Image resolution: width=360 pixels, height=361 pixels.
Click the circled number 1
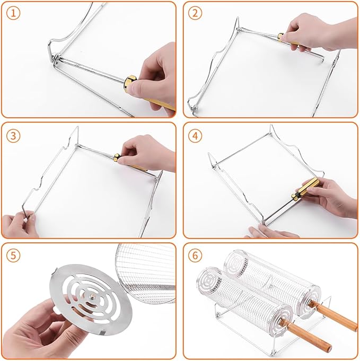(x=13, y=13)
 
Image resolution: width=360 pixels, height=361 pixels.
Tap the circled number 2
(x=195, y=13)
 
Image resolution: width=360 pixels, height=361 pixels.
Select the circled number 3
(x=13, y=136)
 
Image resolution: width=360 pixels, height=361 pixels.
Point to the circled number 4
(x=195, y=136)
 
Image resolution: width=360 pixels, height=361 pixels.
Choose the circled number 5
(x=13, y=256)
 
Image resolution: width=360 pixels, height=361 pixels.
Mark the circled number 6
(x=195, y=256)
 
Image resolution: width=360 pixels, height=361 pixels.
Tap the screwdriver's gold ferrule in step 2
(x=281, y=38)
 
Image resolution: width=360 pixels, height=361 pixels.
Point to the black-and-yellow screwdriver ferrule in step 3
(x=117, y=157)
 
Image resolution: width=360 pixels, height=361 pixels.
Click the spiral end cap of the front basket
(x=208, y=280)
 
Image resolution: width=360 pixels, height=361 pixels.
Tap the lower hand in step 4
(x=272, y=231)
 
